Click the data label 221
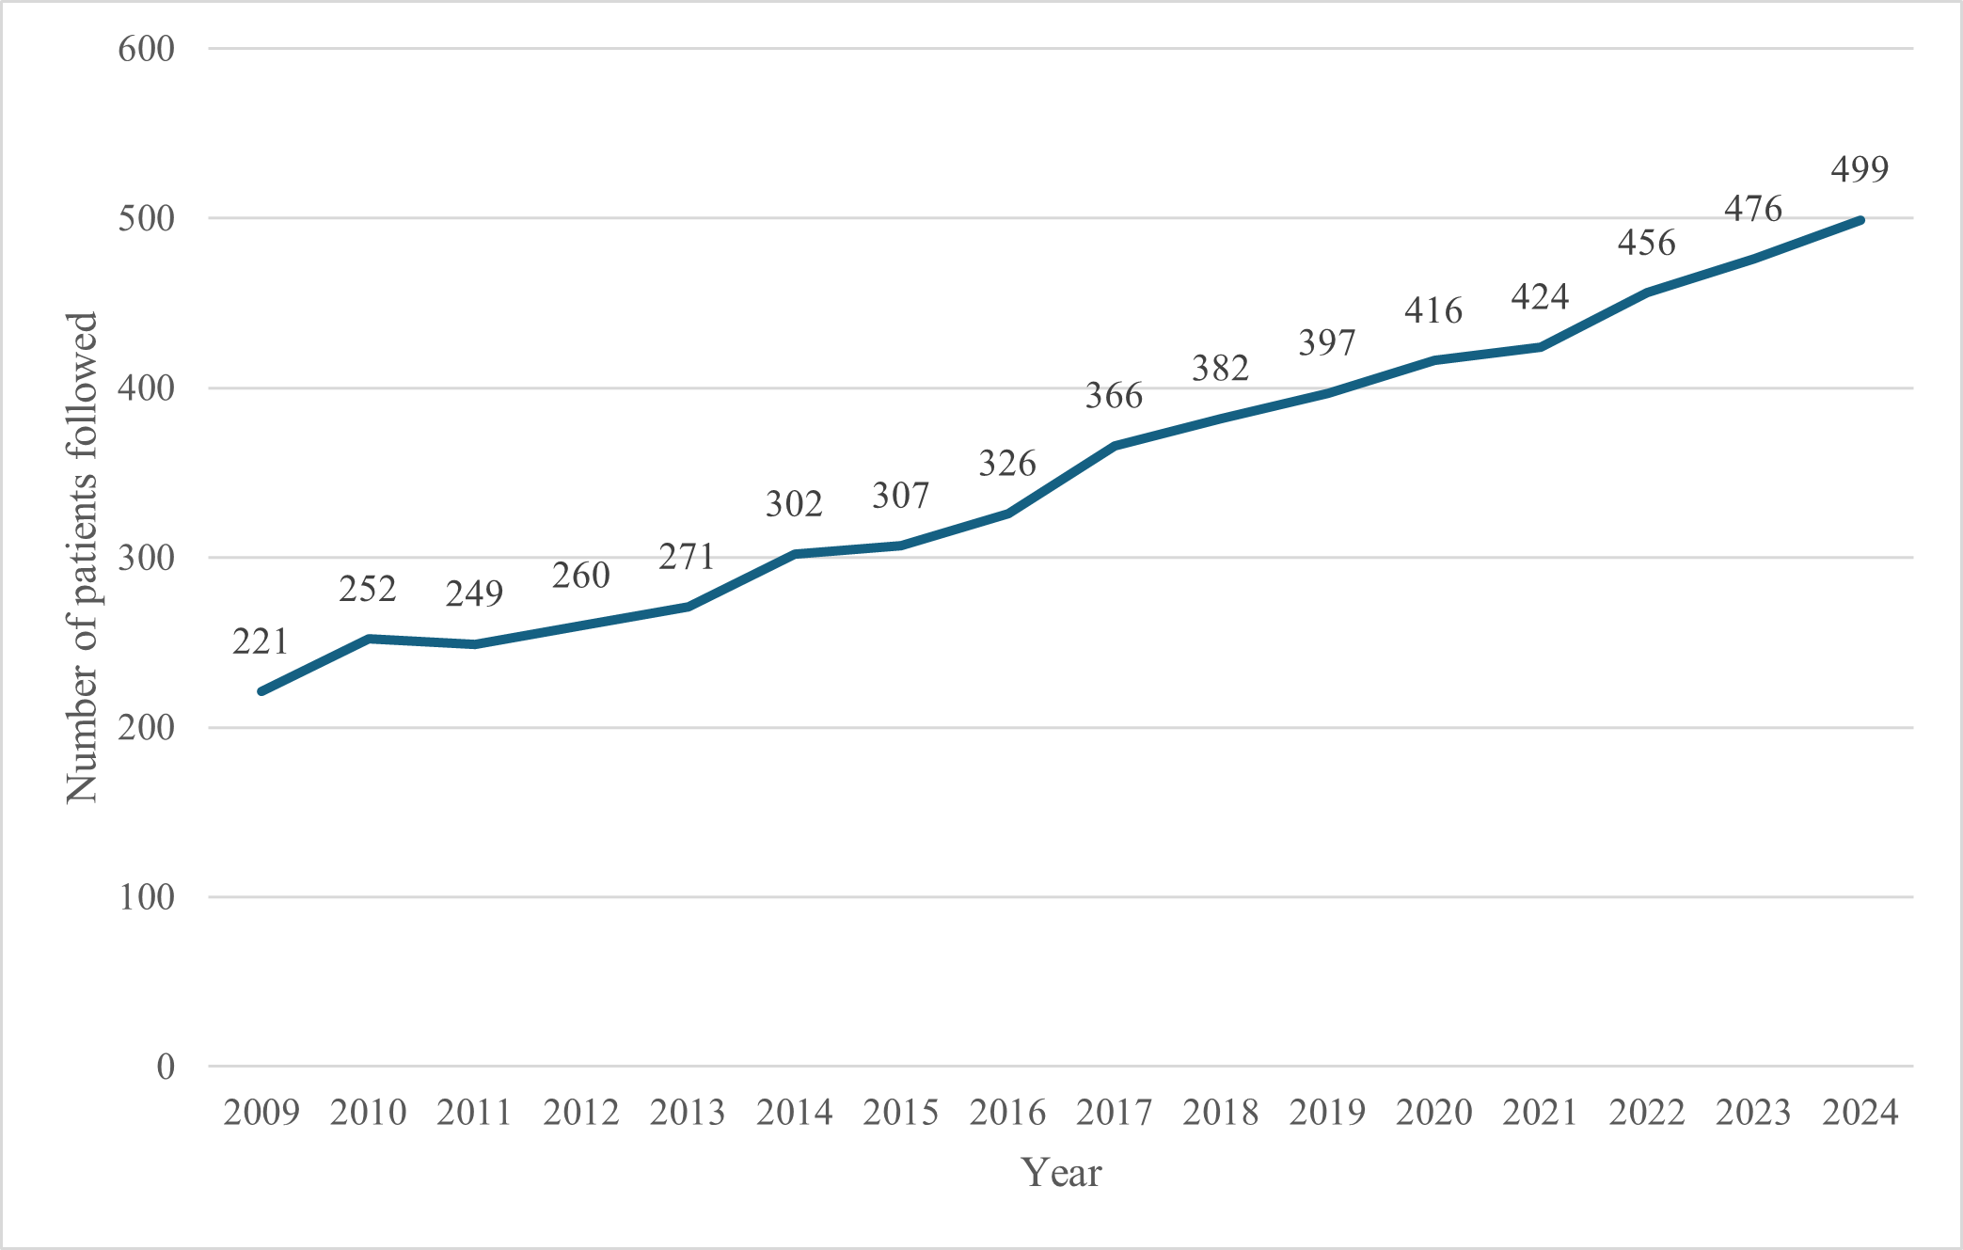[x=261, y=641]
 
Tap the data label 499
[x=1860, y=169]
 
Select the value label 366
[x=1114, y=396]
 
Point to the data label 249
[x=474, y=593]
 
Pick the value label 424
[x=1540, y=297]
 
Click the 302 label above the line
[x=794, y=505]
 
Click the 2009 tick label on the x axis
[x=261, y=1113]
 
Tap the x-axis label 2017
[x=1115, y=1113]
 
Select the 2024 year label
[x=1860, y=1113]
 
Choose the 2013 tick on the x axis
[x=688, y=1113]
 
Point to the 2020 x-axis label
[x=1434, y=1113]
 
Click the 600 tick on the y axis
[x=147, y=49]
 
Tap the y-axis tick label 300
[x=147, y=558]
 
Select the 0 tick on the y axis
[x=166, y=1067]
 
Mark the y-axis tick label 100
[x=147, y=897]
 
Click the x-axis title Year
[x=1061, y=1173]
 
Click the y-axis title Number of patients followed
[x=82, y=558]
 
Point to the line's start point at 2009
[x=261, y=691]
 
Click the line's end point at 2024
[x=1860, y=220]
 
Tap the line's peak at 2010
[x=368, y=639]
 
